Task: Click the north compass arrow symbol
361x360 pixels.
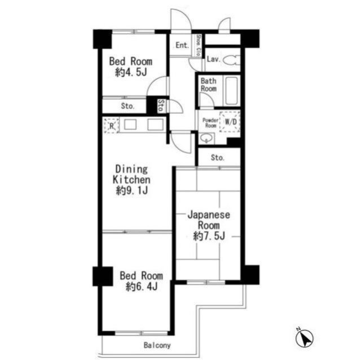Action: click(305, 338)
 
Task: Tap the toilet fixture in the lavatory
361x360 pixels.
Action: click(232, 61)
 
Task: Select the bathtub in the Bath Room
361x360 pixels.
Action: click(231, 91)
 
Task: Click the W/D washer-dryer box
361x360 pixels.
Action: click(230, 122)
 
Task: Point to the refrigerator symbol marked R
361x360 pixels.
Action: click(112, 126)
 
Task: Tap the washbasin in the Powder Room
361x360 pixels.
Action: click(206, 138)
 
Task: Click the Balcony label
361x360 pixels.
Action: click(157, 345)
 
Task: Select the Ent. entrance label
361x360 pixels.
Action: click(182, 45)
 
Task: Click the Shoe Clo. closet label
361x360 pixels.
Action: click(199, 46)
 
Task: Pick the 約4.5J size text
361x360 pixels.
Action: click(131, 72)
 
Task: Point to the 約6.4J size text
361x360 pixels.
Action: click(142, 286)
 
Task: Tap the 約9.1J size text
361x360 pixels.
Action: click(131, 190)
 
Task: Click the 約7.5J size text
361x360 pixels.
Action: click(209, 236)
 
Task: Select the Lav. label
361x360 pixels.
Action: click(214, 59)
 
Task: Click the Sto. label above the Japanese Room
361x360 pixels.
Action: click(218, 158)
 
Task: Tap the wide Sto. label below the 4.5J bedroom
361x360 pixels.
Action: click(127, 106)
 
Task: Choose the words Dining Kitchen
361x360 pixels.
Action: click(131, 174)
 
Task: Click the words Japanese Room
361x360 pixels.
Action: click(209, 220)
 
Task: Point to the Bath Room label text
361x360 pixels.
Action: click(209, 85)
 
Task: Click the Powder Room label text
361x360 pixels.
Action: click(210, 123)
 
